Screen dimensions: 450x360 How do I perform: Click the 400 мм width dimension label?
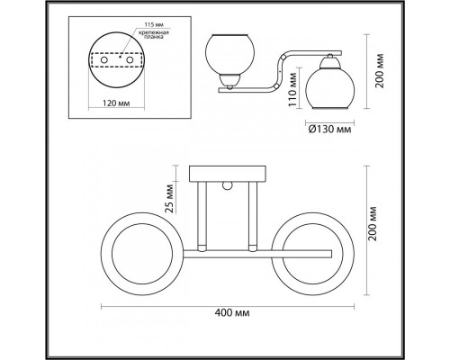232,313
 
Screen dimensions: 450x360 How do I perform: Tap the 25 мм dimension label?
169,199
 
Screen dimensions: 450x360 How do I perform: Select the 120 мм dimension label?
116,103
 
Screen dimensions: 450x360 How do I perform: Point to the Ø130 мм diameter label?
329,130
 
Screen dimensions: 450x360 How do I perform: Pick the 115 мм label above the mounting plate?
154,24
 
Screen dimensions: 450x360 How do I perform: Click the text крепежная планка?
153,35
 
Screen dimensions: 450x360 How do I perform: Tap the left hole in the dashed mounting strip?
104,60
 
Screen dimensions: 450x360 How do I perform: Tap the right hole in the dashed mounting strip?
130,60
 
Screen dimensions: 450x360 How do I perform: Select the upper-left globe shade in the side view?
229,55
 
